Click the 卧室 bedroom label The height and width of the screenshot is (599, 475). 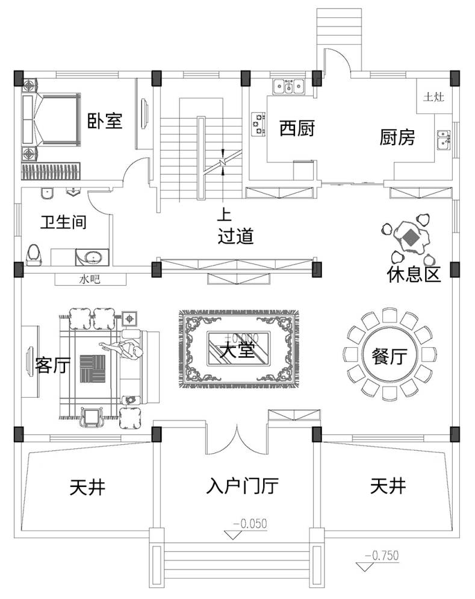coord(105,121)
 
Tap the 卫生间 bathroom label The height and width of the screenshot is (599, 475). coord(63,222)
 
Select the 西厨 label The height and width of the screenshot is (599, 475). coord(297,128)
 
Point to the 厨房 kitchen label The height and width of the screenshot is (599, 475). coord(397,137)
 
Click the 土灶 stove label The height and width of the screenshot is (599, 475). coord(433,97)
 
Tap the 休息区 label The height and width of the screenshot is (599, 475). coord(414,274)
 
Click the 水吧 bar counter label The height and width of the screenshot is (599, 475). coord(90,279)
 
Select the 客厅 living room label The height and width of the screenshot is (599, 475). coord(52,365)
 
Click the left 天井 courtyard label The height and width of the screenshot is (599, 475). coord(87,486)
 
